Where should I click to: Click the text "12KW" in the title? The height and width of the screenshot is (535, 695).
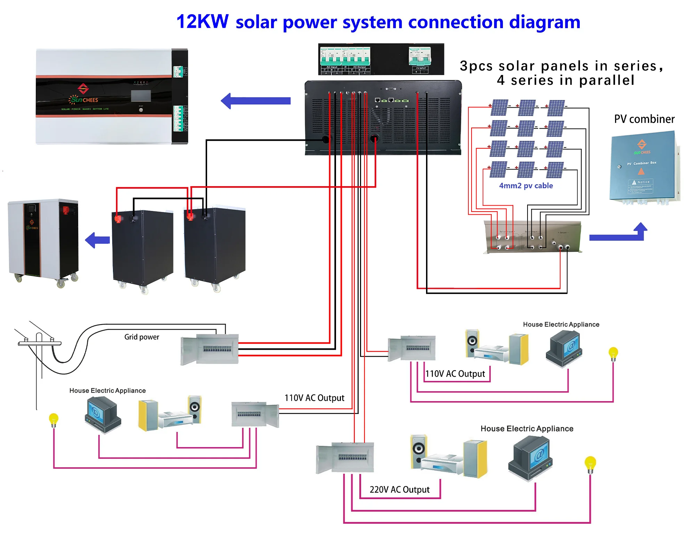tap(202, 22)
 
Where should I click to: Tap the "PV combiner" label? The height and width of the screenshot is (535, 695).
tap(644, 119)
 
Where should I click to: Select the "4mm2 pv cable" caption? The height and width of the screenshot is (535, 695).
tap(526, 186)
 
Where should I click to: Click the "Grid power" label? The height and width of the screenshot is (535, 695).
tap(141, 337)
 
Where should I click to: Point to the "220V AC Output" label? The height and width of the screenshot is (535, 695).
tap(399, 490)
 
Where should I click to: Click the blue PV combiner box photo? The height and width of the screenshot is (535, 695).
tap(644, 167)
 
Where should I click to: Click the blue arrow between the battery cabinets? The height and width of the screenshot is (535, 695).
tap(98, 240)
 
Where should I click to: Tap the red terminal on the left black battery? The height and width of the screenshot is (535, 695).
tap(118, 219)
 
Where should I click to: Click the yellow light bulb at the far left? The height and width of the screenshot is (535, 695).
tap(54, 419)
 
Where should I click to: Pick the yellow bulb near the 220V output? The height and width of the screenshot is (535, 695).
tap(590, 464)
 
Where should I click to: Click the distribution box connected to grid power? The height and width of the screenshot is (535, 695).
tap(210, 349)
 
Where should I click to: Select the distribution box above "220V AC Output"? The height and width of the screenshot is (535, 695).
tap(345, 458)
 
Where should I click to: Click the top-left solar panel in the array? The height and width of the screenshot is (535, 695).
tap(500, 108)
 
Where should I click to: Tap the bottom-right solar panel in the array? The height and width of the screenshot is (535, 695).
tap(555, 170)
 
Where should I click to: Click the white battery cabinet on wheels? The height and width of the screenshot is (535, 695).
tap(43, 241)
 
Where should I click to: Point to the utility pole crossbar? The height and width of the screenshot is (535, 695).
tap(40, 343)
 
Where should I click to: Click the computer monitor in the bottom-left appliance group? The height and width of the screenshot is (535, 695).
tap(103, 414)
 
